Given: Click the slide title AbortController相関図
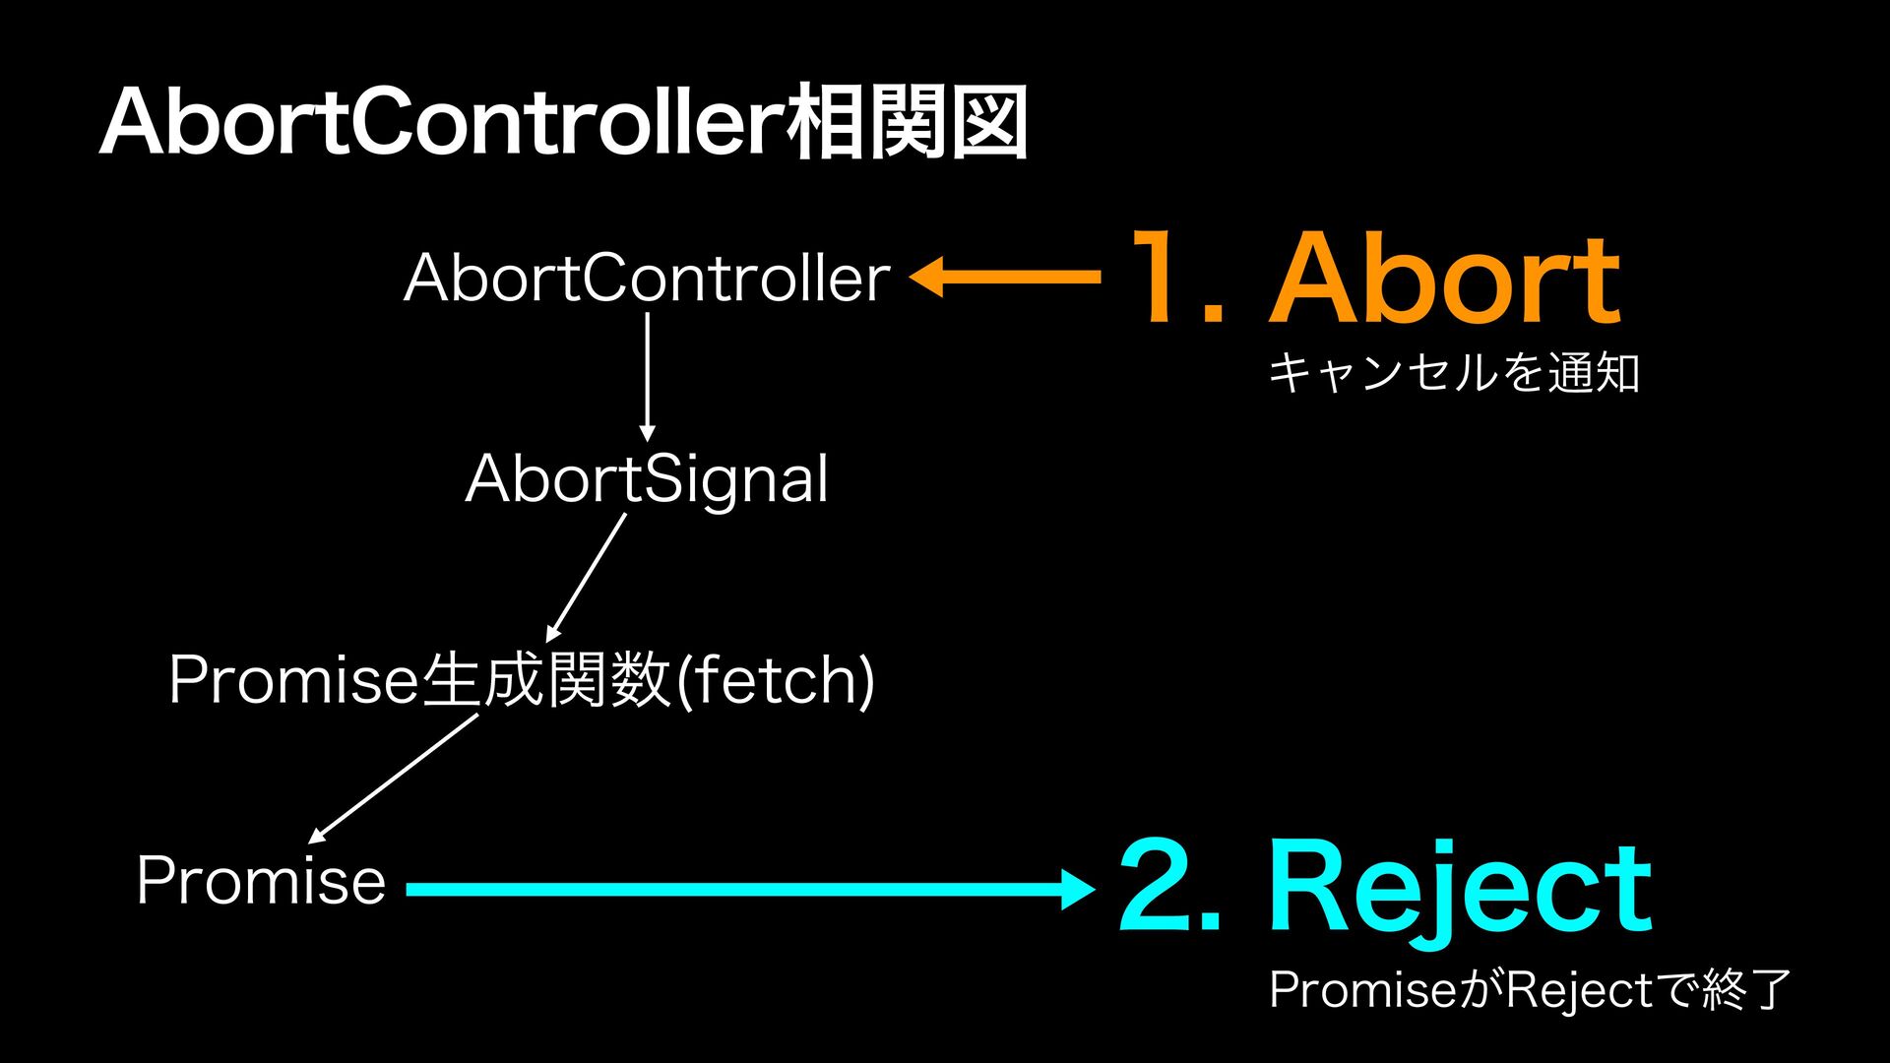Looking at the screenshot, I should pos(563,123).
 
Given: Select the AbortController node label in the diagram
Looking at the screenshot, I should pos(647,278).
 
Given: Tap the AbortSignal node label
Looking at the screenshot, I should pos(647,479).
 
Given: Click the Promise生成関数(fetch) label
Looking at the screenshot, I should pos(522,680).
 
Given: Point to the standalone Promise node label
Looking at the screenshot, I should pos(261,880).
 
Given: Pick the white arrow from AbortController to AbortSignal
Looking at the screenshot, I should pos(647,374).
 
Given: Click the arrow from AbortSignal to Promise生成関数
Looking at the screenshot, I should pos(588,576).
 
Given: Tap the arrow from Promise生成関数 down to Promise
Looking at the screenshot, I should pos(394,778).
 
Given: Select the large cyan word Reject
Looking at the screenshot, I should pos(1459,888).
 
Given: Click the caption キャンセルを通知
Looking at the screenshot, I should pos(1454,374).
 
